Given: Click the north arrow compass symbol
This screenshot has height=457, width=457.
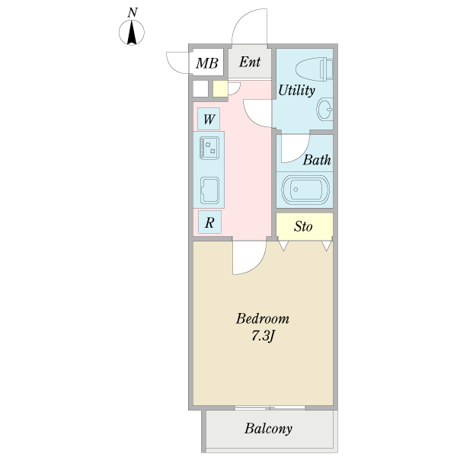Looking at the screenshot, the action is [133, 33].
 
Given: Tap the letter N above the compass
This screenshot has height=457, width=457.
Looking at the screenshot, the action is [133, 12].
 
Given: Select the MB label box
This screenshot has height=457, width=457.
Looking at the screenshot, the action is [206, 63].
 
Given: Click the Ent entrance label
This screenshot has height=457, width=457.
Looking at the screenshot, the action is [250, 62].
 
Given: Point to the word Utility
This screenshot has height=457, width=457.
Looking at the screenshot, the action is [296, 91].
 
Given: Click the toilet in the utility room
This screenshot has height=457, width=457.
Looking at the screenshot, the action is [315, 69].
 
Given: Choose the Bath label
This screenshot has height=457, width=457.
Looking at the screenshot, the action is [317, 161].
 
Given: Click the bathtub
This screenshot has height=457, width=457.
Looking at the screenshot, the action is [305, 190].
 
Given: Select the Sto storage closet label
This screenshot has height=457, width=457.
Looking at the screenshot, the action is [304, 226].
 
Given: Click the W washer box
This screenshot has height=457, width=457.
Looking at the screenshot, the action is [208, 120].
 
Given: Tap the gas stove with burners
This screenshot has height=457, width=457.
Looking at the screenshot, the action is [209, 145].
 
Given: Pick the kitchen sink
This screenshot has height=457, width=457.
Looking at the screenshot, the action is [209, 190].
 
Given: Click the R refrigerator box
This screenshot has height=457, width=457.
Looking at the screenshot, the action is [209, 223].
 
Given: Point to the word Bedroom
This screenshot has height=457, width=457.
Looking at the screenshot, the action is [263, 318].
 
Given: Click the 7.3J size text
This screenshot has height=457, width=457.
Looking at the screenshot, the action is [263, 336].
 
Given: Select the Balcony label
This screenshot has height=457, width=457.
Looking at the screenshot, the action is [268, 429].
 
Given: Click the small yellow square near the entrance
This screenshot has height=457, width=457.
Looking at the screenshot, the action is [220, 89].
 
